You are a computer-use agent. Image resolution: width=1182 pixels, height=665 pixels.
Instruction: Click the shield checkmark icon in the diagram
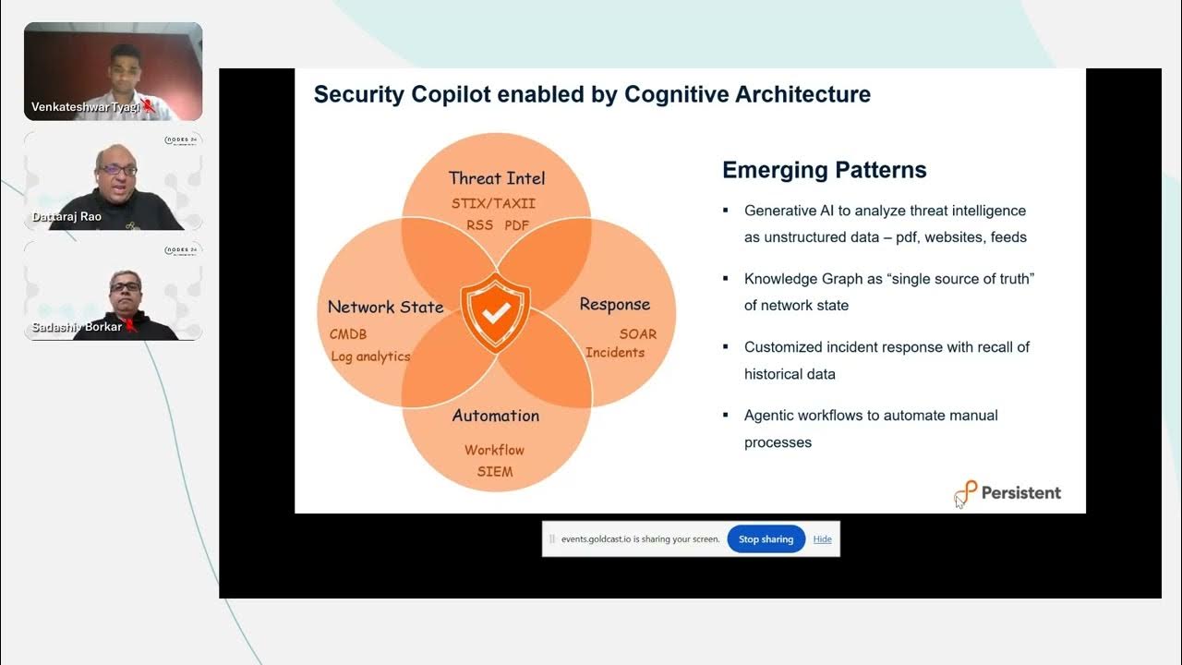tap(496, 312)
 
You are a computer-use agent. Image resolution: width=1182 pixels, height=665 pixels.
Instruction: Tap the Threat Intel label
tap(497, 178)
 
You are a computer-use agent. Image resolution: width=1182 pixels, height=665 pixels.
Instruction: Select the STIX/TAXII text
tap(493, 203)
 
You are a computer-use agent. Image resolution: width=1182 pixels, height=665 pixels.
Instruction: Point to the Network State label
tap(385, 307)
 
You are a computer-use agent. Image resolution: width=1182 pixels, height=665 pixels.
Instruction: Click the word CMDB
tap(348, 334)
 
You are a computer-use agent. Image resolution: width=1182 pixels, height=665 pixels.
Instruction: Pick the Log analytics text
tap(370, 357)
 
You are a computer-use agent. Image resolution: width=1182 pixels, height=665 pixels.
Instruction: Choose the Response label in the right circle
tap(614, 305)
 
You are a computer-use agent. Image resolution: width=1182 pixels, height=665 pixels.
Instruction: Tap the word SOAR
tap(638, 333)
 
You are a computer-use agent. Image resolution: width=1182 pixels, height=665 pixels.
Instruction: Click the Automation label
tap(496, 416)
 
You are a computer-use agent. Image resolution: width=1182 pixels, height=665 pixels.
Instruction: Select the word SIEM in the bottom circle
tap(495, 471)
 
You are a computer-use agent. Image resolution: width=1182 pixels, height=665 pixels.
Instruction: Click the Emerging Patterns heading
tap(824, 170)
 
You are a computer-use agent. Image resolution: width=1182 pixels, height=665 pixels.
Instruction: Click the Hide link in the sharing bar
tap(822, 539)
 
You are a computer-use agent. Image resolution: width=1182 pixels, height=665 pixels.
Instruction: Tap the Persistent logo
tap(1008, 493)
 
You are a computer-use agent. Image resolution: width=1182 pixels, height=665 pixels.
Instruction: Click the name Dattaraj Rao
tap(66, 217)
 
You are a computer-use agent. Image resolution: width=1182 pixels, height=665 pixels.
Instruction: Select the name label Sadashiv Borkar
tap(77, 327)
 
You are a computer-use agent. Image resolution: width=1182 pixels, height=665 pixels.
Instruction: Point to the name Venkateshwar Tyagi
tap(85, 107)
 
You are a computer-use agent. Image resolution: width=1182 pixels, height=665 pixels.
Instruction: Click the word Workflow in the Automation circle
tap(494, 450)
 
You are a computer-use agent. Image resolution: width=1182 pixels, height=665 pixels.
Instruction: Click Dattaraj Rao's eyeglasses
tap(118, 171)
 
